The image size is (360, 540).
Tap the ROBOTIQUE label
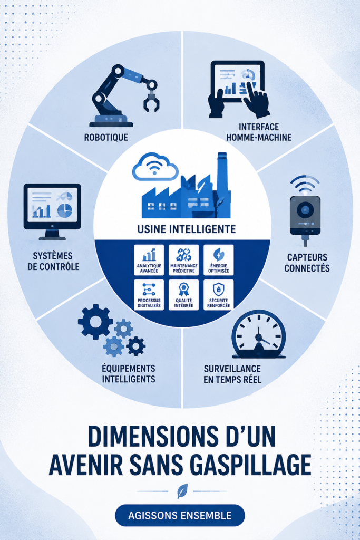tap(106, 138)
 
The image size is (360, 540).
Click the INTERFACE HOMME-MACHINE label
tap(258, 132)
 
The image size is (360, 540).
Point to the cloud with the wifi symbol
tap(155, 167)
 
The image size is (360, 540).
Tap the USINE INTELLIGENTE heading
tap(187, 229)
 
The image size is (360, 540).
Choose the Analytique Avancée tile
tap(149, 260)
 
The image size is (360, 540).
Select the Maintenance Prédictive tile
tap(184, 260)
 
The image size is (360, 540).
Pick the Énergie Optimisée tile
tap(219, 260)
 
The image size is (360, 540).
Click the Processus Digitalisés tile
tap(149, 294)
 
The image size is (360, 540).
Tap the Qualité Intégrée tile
tap(184, 294)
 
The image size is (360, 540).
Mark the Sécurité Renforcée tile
tap(219, 294)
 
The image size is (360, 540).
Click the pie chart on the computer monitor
tap(65, 210)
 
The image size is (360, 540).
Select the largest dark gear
tap(95, 322)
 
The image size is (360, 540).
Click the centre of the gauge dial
tap(258, 338)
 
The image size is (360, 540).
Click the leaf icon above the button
tap(182, 491)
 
